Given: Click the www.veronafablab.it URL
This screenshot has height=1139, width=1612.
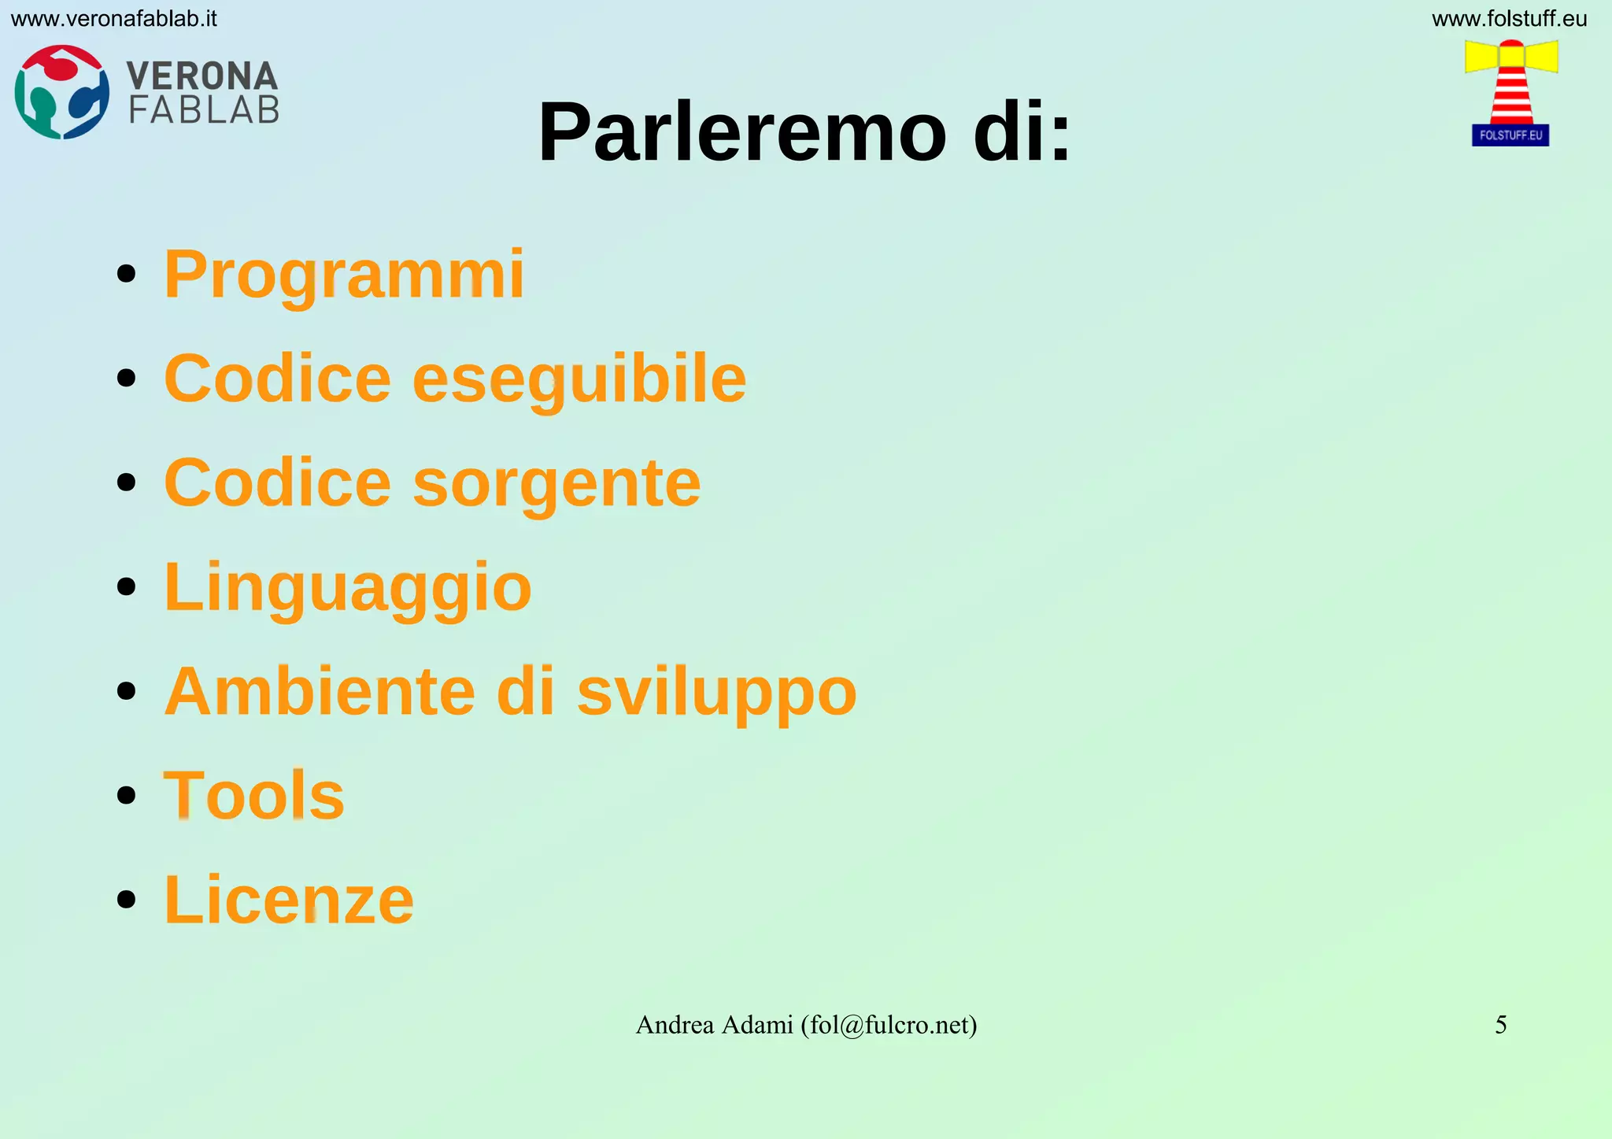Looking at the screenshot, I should coord(113,19).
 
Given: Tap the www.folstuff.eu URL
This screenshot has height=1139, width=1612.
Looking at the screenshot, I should coord(1509,19).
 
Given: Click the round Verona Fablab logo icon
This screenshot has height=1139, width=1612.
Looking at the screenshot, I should coord(61,92).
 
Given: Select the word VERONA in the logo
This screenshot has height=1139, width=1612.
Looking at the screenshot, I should coord(202,76).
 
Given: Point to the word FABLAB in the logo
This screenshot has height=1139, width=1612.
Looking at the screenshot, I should coord(204,110).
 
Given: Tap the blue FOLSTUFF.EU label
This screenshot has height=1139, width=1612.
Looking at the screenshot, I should coord(1510,135).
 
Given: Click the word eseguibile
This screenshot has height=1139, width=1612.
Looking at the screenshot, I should coord(579,379).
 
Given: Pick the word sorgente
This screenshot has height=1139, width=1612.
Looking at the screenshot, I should coord(556,483).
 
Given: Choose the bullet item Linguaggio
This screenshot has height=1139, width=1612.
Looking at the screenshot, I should coord(347,587).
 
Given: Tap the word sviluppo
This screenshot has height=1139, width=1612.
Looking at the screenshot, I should coord(716,693).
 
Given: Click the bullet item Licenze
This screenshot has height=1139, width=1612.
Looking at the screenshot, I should coord(288,900).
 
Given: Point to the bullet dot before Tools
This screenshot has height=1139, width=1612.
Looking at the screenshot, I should coord(126,795).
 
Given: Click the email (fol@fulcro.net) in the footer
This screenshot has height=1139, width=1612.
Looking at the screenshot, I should coord(889,1025).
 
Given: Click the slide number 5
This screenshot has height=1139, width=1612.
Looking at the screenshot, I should coord(1500,1025).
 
